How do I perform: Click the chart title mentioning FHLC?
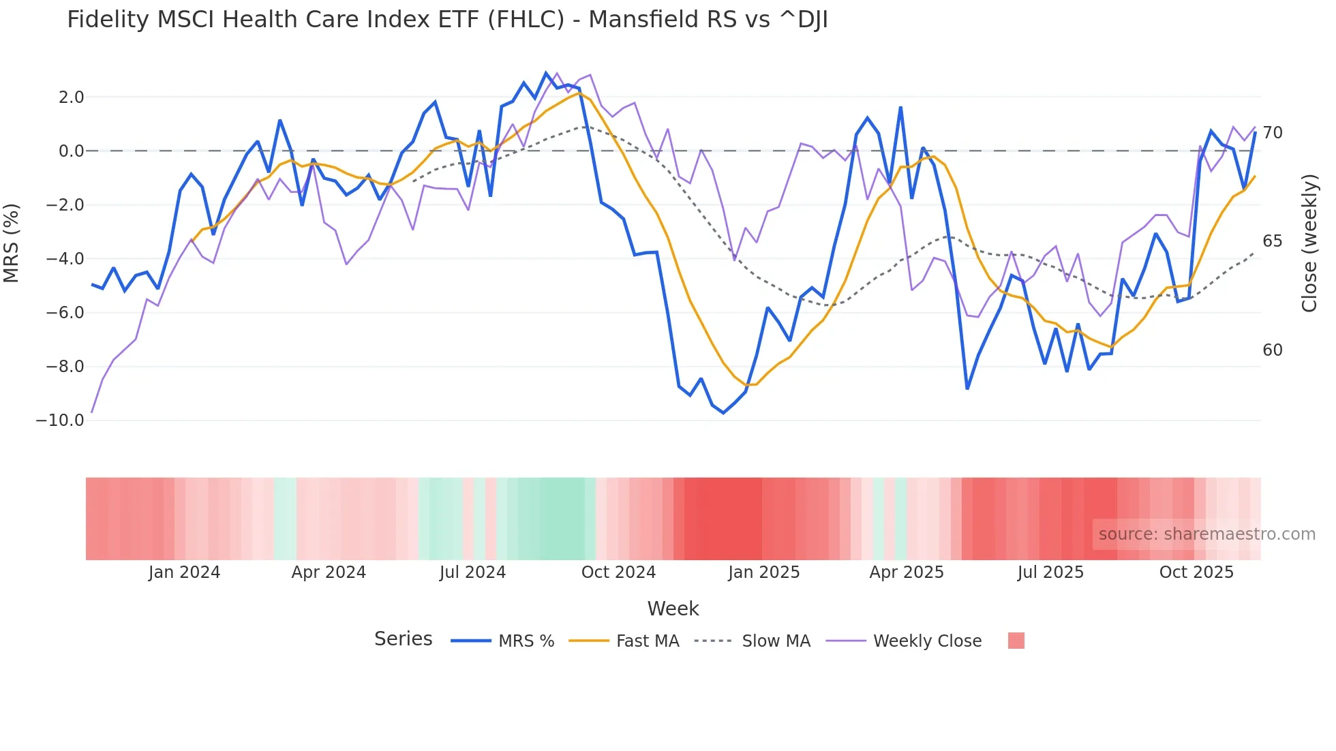(x=447, y=20)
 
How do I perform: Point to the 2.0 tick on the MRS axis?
(x=71, y=97)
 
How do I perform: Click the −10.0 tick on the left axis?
(x=60, y=420)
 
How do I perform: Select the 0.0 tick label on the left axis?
(x=71, y=151)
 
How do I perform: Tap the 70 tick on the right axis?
(x=1272, y=133)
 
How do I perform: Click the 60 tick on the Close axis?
(x=1272, y=350)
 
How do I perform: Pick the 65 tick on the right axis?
(x=1272, y=241)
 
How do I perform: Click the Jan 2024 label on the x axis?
(x=184, y=572)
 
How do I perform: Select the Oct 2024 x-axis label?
(x=618, y=572)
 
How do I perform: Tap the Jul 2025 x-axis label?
(x=1050, y=572)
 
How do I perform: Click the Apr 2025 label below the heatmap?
(x=906, y=572)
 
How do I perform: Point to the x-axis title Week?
(x=673, y=609)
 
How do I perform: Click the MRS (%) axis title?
(x=12, y=243)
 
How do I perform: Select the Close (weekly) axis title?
(x=1309, y=243)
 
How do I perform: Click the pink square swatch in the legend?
(x=1016, y=641)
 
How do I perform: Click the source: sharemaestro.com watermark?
(x=1206, y=534)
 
